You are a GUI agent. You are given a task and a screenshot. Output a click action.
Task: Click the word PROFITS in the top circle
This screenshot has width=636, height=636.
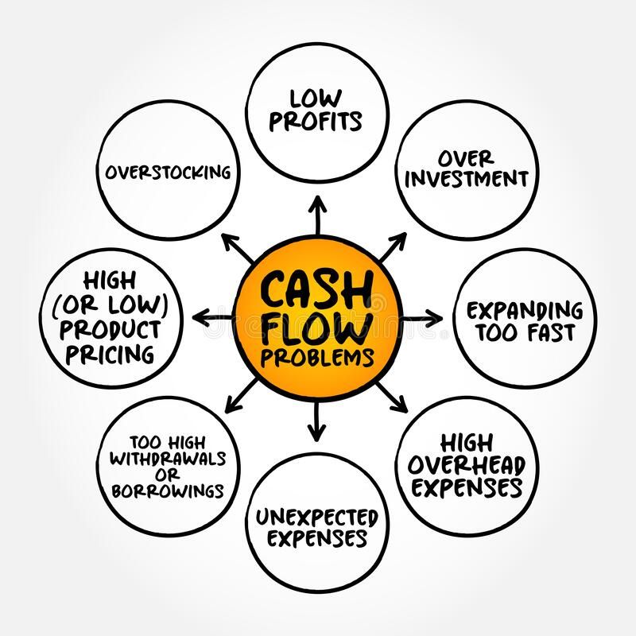click(x=316, y=121)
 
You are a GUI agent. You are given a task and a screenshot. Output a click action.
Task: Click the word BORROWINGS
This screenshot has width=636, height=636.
click(x=167, y=491)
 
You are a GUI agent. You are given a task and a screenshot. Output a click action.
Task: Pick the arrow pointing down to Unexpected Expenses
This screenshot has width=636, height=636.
click(x=317, y=421)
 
